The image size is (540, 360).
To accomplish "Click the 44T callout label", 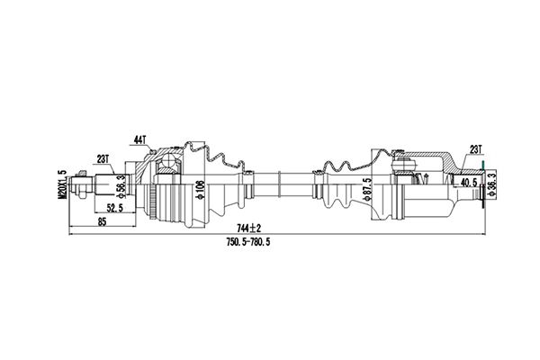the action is tap(140, 139).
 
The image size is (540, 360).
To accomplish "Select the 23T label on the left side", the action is tap(103, 159).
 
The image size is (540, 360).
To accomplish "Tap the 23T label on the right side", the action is tap(475, 149).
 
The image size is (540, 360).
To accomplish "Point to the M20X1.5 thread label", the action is tap(62, 184).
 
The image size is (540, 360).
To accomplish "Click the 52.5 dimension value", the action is tap(115, 208).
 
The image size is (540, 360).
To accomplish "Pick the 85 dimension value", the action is tap(102, 221).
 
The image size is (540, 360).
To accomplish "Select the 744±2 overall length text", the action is tap(249, 228).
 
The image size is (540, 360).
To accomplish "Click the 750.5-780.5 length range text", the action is tap(248, 242).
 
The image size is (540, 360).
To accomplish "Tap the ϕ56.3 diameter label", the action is tap(121, 186).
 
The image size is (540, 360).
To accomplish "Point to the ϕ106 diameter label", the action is tap(201, 190).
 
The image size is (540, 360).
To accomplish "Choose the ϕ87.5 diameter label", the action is tap(367, 189).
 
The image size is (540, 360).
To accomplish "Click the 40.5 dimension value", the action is tap(469, 182).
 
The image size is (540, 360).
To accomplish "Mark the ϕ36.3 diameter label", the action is tap(491, 184).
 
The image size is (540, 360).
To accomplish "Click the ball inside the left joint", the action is tap(169, 160).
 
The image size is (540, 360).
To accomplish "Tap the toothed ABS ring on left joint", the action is tap(152, 202).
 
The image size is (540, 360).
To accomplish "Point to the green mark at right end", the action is tap(483, 166).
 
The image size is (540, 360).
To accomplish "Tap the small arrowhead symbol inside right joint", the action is tap(427, 179).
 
